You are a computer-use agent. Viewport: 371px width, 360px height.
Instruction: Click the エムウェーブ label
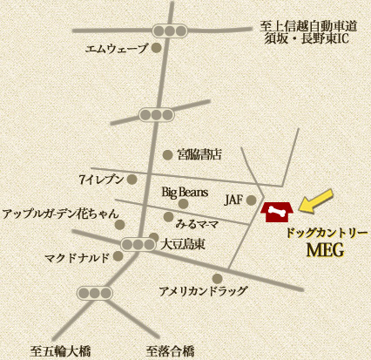coord(117,49)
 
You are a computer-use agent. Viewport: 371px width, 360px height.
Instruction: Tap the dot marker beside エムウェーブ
coord(157,49)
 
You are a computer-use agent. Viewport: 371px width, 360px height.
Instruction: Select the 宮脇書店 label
coord(199,155)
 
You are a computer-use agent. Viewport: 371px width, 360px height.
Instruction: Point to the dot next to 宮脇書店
coord(167,155)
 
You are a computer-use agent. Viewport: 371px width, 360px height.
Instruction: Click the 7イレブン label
coord(102,180)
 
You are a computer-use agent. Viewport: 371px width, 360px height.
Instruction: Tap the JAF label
coord(233,200)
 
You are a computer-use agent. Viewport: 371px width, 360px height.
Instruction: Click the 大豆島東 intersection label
coord(183,245)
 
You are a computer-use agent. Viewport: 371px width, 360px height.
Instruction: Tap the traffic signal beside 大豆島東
coord(137,245)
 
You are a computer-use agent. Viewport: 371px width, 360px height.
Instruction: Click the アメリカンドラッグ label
coord(203,290)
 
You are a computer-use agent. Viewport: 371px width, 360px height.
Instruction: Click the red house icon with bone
coord(277,212)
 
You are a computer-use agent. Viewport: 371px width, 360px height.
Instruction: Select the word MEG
coord(327,251)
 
